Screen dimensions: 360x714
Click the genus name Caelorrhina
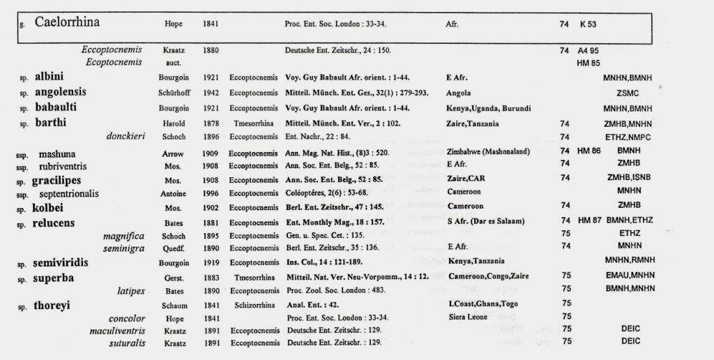(x=67, y=22)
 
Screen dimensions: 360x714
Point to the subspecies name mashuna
(x=57, y=153)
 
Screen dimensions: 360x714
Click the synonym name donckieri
(x=126, y=137)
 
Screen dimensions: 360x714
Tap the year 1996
(x=211, y=193)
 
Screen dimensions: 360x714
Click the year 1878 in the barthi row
(x=211, y=123)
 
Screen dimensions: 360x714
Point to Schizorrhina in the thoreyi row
(x=255, y=305)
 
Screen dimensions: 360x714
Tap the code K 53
(x=588, y=24)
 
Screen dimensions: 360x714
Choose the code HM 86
(x=588, y=152)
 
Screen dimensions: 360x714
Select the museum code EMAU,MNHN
(x=630, y=277)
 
